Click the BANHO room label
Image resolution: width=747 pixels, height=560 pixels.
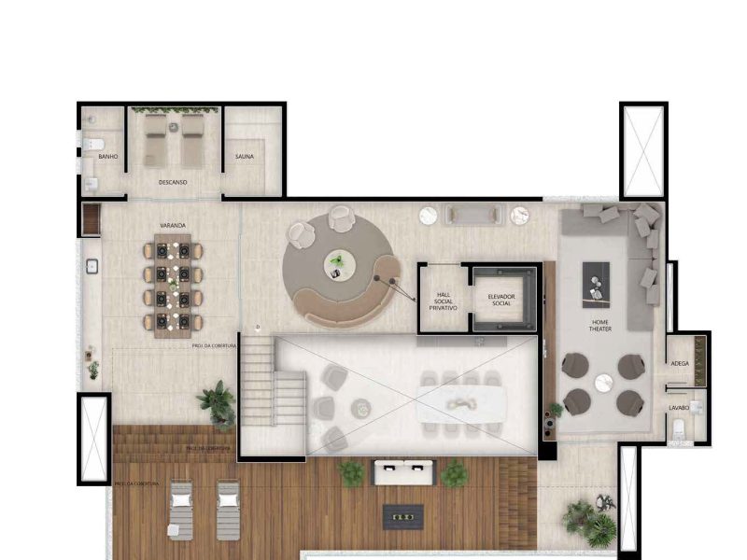point(108,157)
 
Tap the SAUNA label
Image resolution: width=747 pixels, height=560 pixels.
point(245,157)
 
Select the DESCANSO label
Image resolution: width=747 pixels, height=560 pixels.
point(173,182)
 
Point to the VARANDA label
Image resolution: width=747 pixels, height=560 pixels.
point(172,226)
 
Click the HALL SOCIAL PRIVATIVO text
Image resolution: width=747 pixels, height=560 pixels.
point(444,301)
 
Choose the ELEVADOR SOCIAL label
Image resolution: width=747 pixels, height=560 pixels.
point(501,300)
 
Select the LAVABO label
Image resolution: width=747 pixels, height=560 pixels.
point(679,409)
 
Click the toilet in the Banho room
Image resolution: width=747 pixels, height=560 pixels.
point(93,144)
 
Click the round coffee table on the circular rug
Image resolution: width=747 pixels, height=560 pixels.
point(337,265)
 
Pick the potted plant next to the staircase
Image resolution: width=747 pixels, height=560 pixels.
point(217,401)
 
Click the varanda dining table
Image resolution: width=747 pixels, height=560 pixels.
point(173,285)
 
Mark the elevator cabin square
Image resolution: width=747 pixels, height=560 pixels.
point(502,300)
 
